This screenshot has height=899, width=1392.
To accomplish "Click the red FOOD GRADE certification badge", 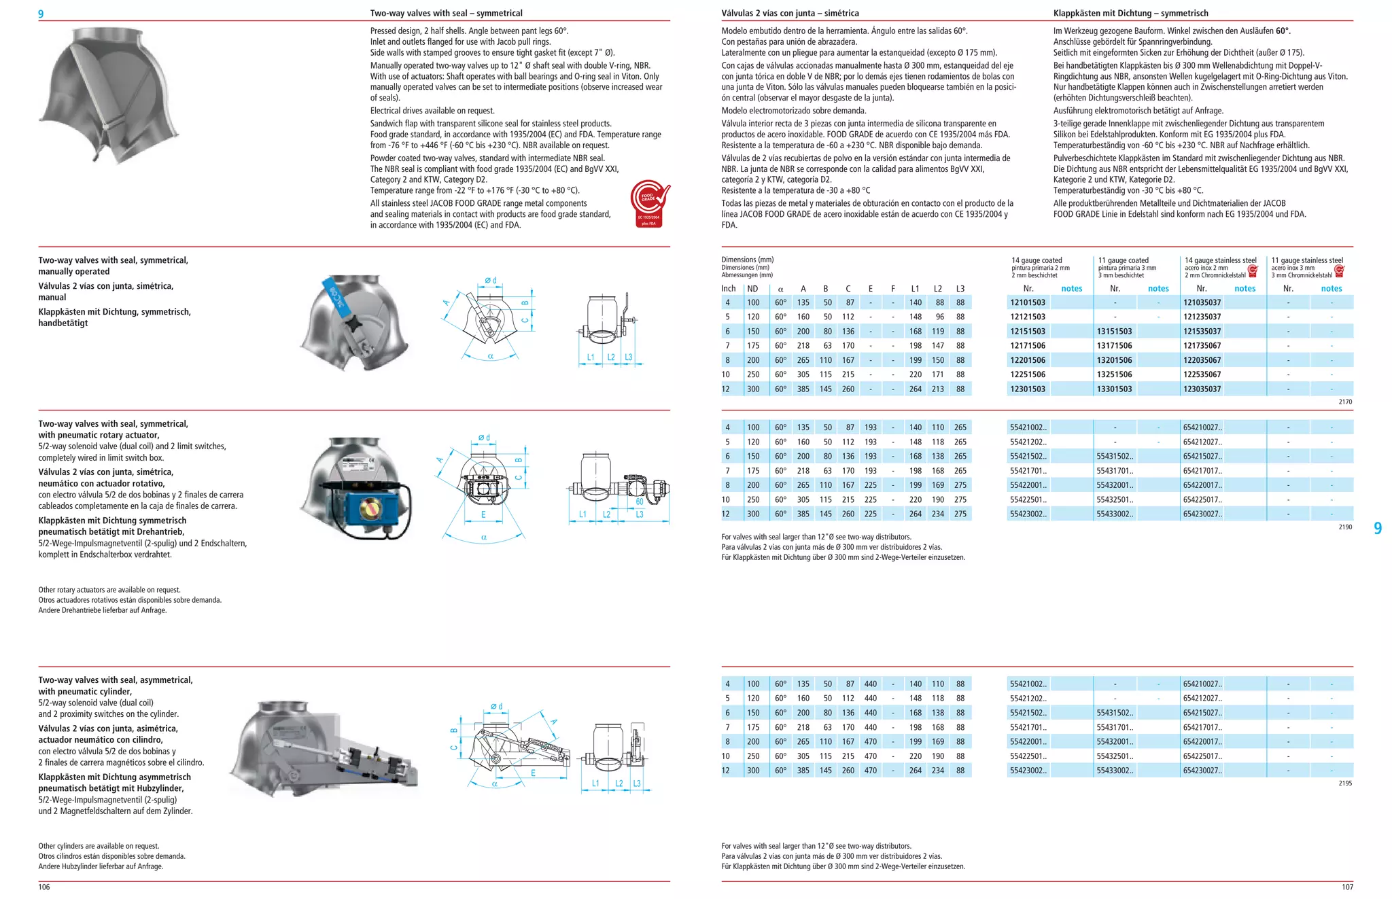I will coord(648,203).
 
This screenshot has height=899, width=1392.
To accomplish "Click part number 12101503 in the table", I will coord(1028,302).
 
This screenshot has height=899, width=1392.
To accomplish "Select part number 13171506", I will coord(1114,346).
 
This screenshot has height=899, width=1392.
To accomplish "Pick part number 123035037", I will coord(1202,389).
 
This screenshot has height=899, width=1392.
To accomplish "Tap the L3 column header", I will coord(960,289).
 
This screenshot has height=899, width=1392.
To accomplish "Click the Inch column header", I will coord(728,289).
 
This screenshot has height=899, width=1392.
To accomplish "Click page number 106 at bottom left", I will coord(44,887).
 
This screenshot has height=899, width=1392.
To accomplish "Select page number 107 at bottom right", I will coord(1346,887).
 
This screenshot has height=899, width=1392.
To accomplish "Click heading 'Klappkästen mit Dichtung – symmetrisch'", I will coord(1130,13).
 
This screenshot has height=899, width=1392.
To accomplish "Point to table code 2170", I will coord(1345,402).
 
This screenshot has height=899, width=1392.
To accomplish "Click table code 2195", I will coord(1345,783).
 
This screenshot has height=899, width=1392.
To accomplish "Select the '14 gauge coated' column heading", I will coord(1037,260).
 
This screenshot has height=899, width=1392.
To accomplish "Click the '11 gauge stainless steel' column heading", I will coord(1307,260).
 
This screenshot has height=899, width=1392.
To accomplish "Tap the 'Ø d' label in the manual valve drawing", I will coord(490,280).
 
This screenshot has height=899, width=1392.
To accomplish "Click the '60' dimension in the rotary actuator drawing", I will coord(639,501).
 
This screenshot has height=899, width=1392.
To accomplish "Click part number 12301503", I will coord(1028,389).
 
